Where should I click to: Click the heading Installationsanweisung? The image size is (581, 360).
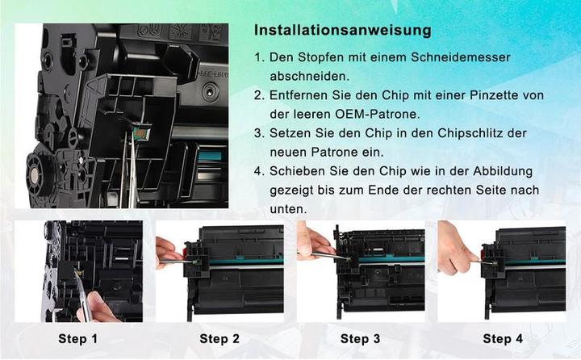tap(342, 31)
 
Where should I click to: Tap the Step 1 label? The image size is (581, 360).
tap(78, 339)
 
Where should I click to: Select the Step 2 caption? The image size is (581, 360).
tap(219, 339)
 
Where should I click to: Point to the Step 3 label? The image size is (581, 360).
tap(361, 339)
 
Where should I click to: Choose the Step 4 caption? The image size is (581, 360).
tap(503, 339)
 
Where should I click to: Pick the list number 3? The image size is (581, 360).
tap(259, 132)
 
